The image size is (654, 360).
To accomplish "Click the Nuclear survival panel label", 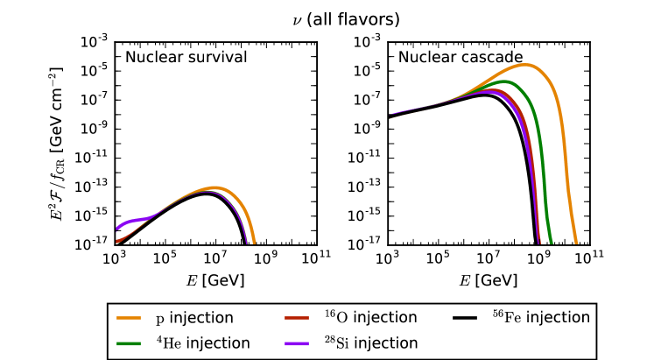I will coord(186,58).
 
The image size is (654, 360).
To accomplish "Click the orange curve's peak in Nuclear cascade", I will coord(525,64).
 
